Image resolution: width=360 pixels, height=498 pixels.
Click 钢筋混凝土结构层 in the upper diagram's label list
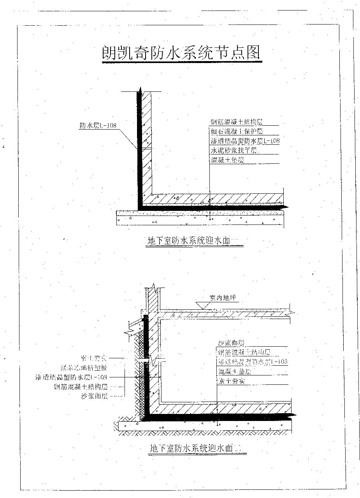coord(236,122)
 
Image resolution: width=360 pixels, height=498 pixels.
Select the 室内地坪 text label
coord(223,298)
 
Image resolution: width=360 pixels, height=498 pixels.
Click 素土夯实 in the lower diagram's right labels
coord(231,381)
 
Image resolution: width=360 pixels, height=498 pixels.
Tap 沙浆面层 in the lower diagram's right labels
coord(231,343)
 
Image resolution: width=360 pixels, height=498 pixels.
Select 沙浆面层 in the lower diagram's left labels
coord(94,396)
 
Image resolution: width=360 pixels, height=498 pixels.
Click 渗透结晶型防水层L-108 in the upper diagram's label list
coord(244,140)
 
